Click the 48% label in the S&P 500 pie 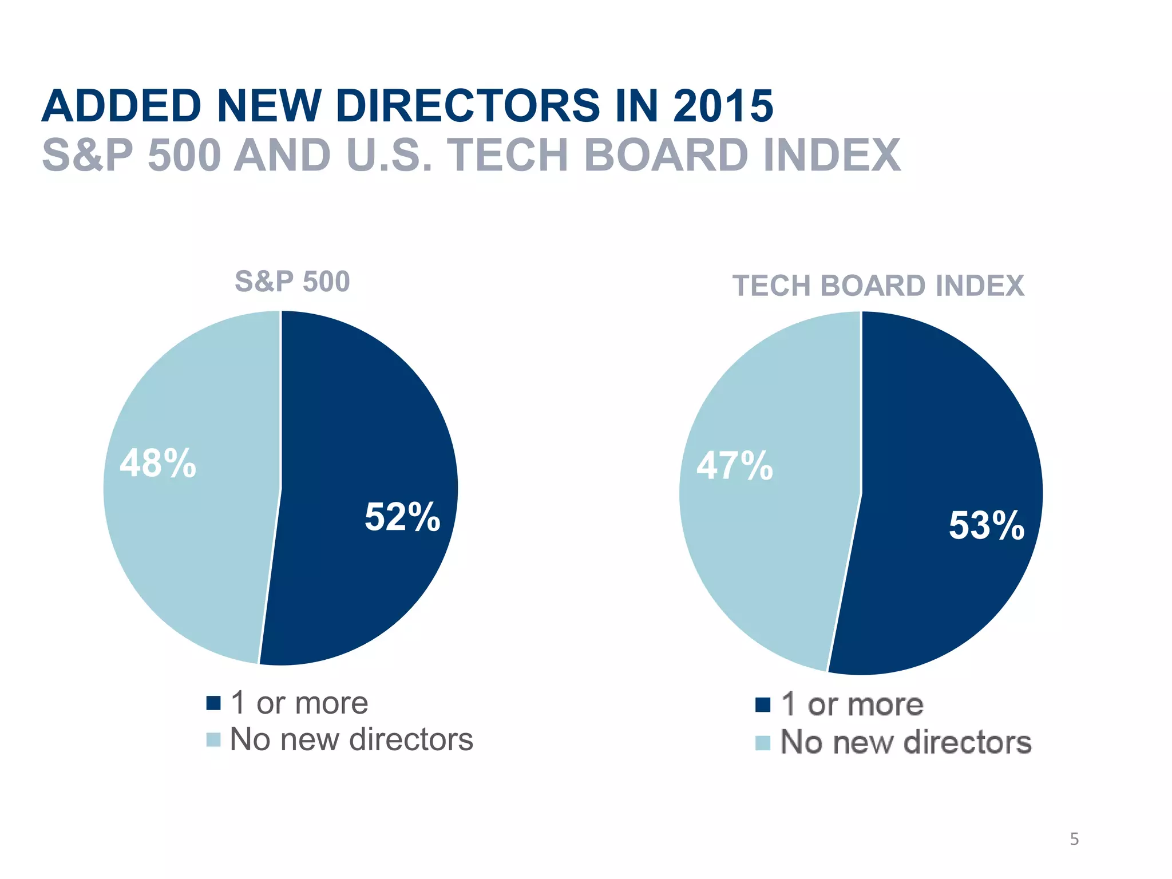click(x=158, y=463)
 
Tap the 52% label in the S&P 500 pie click(x=402, y=517)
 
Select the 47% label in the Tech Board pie click(x=735, y=465)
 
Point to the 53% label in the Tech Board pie click(x=987, y=525)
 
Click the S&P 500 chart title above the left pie click(x=292, y=282)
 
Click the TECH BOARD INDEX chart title click(x=878, y=286)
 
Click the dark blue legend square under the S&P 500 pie click(x=213, y=703)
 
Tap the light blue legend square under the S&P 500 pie click(x=213, y=739)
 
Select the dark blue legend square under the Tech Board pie click(x=762, y=704)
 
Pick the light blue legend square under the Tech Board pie click(x=762, y=743)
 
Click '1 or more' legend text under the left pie click(x=299, y=703)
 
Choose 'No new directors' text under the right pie click(x=906, y=742)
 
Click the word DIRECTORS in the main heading click(x=468, y=106)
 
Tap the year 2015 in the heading click(x=723, y=106)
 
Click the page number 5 click(x=1074, y=839)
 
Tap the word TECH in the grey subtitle click(x=507, y=155)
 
